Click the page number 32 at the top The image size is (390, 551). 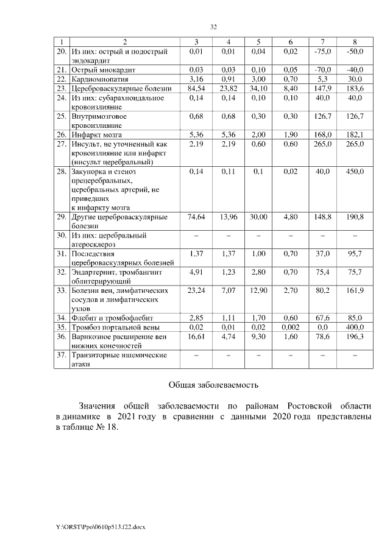213,27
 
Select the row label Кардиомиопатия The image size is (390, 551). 99,79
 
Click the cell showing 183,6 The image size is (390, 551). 355,88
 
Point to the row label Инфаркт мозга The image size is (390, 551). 96,135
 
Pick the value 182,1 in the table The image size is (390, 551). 355,135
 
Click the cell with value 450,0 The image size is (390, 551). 355,172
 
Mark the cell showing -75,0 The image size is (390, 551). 322,52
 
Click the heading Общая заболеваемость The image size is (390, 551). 213,385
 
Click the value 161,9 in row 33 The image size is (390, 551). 355,290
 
